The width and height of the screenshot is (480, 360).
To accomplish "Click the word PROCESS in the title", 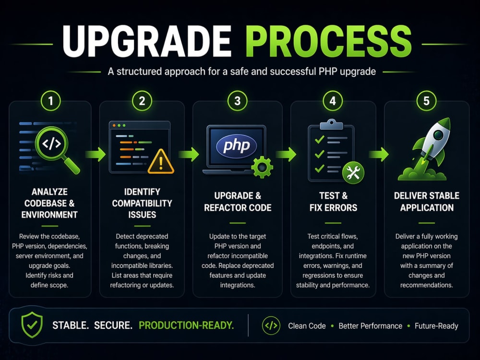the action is click(328, 41).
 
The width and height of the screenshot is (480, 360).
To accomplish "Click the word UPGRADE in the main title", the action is click(147, 41).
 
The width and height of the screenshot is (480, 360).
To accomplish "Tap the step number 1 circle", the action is click(50, 101).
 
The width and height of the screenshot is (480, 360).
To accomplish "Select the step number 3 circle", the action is click(237, 101).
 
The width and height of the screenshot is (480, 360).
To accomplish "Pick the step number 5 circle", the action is click(426, 101).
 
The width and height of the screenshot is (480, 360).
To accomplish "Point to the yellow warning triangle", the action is click(161, 162).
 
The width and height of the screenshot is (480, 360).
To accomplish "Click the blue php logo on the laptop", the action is click(237, 146).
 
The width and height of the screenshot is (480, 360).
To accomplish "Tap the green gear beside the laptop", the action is click(262, 167).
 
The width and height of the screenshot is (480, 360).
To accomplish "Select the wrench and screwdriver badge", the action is click(353, 173).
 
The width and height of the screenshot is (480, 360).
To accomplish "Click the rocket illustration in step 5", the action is click(427, 149).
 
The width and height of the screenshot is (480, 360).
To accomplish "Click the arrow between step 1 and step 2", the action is click(96, 154).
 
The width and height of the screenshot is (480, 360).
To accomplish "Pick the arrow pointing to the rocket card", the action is click(379, 154).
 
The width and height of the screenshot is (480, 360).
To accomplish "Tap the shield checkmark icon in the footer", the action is click(32, 325).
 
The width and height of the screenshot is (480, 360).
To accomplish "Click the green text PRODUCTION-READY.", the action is click(186, 325).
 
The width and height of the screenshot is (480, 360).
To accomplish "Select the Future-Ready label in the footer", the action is click(436, 326).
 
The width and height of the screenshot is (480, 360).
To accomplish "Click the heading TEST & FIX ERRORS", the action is click(333, 202).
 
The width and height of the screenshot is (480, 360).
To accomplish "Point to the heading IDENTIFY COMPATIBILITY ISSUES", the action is click(142, 203).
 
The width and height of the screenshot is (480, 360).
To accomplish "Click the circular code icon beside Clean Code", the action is click(271, 325).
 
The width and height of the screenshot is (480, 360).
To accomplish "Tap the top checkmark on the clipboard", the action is click(320, 139).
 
